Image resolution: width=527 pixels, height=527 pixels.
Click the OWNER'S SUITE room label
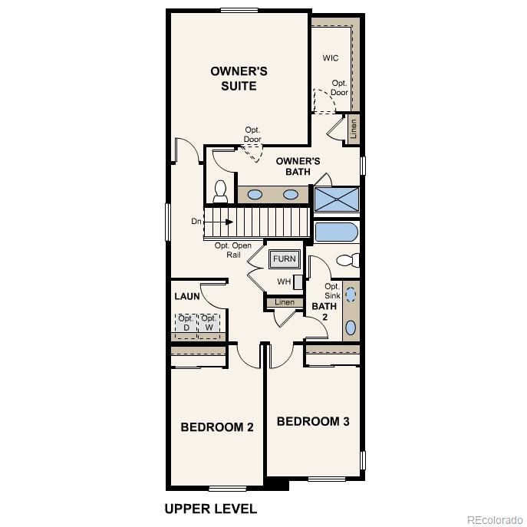239,78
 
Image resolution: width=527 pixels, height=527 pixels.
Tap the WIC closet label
330,58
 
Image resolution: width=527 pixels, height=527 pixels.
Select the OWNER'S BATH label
298,166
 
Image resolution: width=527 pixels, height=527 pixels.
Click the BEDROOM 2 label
217,427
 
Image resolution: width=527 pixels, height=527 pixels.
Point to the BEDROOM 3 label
313,421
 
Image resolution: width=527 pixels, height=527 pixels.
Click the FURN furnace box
284,259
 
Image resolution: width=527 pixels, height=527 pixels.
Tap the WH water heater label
284,282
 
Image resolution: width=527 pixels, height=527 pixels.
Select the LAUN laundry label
186,296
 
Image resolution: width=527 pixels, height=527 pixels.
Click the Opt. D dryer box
186,324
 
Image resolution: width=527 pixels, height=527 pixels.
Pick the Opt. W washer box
209,324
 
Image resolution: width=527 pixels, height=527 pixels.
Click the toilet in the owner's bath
220,191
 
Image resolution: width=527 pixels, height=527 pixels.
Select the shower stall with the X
337,199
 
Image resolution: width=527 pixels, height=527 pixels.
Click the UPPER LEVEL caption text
211,509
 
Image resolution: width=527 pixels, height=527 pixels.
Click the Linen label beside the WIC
354,129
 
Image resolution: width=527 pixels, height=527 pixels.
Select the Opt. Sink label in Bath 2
331,290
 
